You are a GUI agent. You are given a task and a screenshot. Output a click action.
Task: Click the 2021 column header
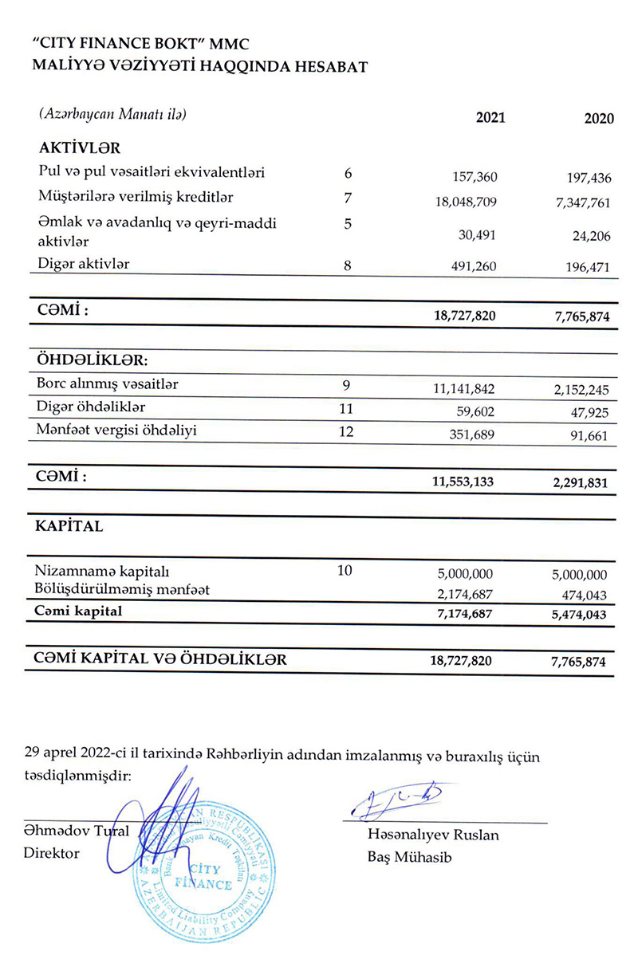point(490,118)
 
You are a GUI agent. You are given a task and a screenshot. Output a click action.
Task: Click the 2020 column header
point(599,119)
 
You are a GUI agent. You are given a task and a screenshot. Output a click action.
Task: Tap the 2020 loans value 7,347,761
point(579,202)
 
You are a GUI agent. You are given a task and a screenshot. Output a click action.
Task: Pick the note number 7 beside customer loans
point(347,197)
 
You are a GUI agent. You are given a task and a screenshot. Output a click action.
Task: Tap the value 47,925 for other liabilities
point(590,415)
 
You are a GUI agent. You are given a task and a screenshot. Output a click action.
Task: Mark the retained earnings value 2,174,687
point(466,595)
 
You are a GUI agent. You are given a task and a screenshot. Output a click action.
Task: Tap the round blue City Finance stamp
point(201,871)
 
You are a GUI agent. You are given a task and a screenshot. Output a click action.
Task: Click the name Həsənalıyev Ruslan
point(433,835)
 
